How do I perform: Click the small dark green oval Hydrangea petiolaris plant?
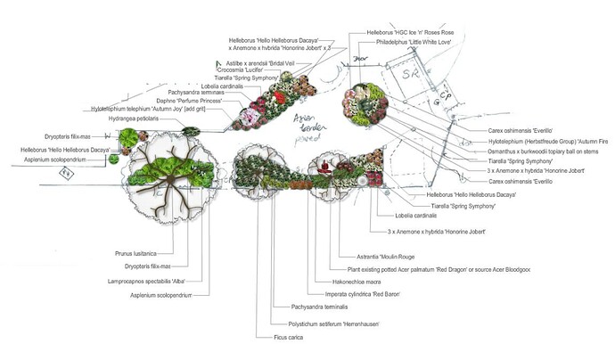(191, 132)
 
